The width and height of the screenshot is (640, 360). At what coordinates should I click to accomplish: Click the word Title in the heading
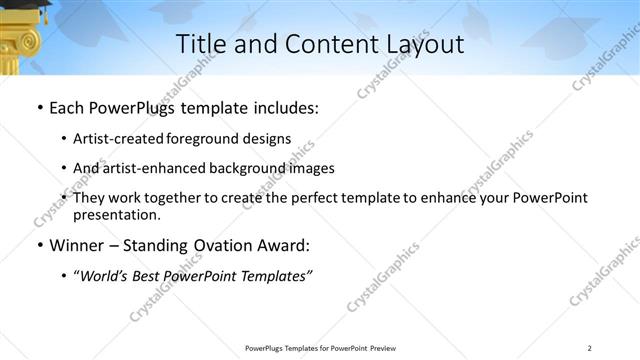point(200,44)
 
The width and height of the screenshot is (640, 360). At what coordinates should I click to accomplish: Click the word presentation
point(116,215)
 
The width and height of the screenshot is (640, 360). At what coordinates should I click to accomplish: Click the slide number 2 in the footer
point(590,348)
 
